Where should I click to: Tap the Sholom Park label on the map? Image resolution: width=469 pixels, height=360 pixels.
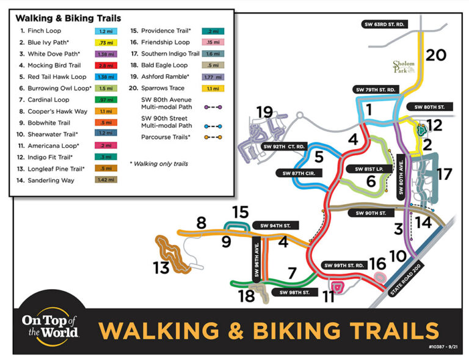(x=404, y=66)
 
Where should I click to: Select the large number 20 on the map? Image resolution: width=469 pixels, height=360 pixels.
(x=436, y=56)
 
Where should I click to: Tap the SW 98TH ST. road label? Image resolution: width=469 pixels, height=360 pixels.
(x=294, y=293)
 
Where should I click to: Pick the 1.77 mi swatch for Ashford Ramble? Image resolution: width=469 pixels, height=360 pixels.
(x=213, y=77)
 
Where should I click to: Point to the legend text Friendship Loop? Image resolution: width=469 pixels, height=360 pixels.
(x=165, y=42)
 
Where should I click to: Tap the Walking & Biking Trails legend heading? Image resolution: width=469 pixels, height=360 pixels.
(x=68, y=19)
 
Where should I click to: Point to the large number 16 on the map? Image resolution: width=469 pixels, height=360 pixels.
(x=377, y=265)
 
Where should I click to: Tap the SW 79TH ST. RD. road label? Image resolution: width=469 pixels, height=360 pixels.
(x=376, y=90)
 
